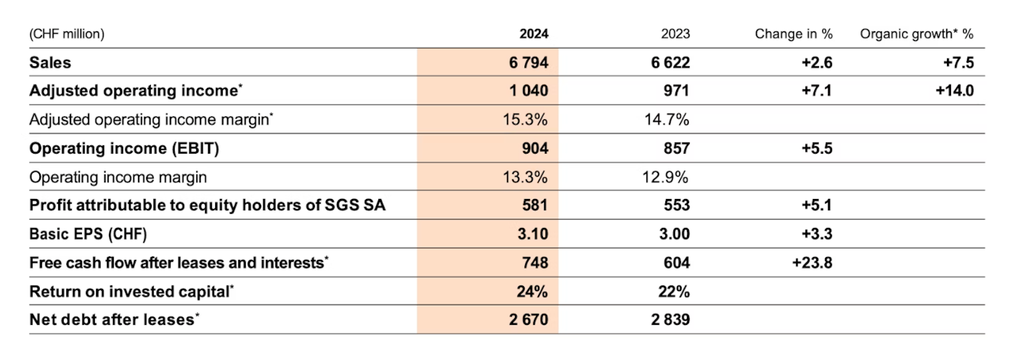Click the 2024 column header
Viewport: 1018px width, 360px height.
(533, 34)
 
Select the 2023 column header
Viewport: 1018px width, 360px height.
(676, 34)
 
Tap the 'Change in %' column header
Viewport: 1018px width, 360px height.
(793, 34)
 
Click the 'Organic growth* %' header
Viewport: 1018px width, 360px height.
(916, 34)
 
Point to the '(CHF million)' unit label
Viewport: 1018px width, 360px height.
(66, 34)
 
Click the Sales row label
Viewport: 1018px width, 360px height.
(50, 63)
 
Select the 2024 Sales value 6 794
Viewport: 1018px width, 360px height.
(525, 63)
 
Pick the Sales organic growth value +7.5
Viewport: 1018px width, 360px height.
(958, 63)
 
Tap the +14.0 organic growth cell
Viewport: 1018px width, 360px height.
(954, 91)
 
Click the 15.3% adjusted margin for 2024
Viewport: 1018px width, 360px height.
(527, 120)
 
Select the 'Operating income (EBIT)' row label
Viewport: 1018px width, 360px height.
(124, 149)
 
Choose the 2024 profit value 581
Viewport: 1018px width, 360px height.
(533, 206)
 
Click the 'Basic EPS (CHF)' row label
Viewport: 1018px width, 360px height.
(88, 234)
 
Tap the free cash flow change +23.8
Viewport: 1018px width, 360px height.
(812, 263)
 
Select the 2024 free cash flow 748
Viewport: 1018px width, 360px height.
(533, 263)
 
